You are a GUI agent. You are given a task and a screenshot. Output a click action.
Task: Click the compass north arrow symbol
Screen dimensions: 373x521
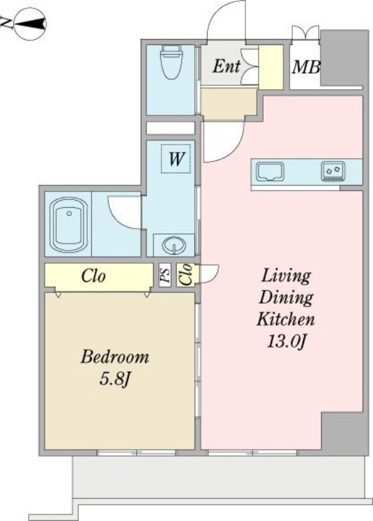(29, 24)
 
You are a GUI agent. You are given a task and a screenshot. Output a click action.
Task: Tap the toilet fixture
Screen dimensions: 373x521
(171, 62)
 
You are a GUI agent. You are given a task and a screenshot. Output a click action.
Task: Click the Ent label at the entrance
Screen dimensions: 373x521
(226, 66)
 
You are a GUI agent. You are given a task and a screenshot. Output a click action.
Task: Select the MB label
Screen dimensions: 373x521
(305, 68)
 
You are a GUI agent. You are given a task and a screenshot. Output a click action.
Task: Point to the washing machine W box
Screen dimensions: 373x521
(176, 159)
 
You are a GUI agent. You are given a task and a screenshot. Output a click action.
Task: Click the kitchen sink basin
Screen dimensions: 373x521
(269, 172)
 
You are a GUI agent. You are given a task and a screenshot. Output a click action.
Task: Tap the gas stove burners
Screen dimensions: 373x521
(333, 171)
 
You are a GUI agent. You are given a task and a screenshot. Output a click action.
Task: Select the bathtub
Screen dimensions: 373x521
(69, 225)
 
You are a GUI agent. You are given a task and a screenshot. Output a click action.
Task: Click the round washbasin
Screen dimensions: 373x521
(174, 246)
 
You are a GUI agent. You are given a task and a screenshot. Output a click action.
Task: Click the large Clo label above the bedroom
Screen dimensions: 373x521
(94, 275)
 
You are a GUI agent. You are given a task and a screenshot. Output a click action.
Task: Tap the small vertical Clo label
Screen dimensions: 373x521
(186, 274)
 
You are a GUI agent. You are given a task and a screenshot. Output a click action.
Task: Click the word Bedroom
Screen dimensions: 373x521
(115, 357)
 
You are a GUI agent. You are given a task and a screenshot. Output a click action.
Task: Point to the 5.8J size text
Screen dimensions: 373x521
(115, 379)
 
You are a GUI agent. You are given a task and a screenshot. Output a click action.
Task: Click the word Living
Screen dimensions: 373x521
(286, 275)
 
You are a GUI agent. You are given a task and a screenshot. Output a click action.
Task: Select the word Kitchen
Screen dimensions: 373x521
(286, 319)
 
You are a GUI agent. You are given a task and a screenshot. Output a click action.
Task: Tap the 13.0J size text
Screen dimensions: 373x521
(286, 341)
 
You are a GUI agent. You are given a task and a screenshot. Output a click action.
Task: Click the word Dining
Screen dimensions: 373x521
(286, 298)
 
